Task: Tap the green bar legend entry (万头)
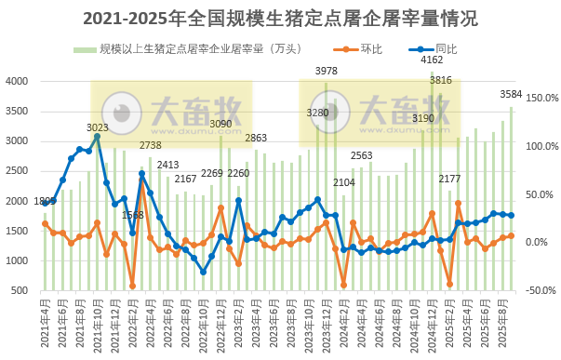pos(182,48)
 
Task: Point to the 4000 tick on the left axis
pos(19,81)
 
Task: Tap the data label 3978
pos(327,71)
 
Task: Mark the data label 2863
pos(256,138)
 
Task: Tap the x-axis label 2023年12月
pos(326,323)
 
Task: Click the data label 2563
pos(362,155)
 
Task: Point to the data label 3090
pos(220,123)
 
